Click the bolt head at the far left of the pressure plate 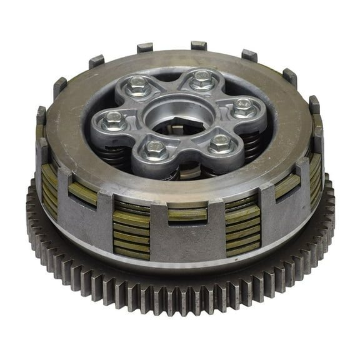pos(114,119)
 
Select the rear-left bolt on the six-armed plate pos(137,85)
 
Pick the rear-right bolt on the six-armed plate pos(201,79)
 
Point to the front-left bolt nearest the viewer pos(156,149)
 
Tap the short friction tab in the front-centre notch pos(187,214)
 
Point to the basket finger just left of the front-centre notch pos(152,228)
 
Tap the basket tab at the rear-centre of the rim pos(199,46)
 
